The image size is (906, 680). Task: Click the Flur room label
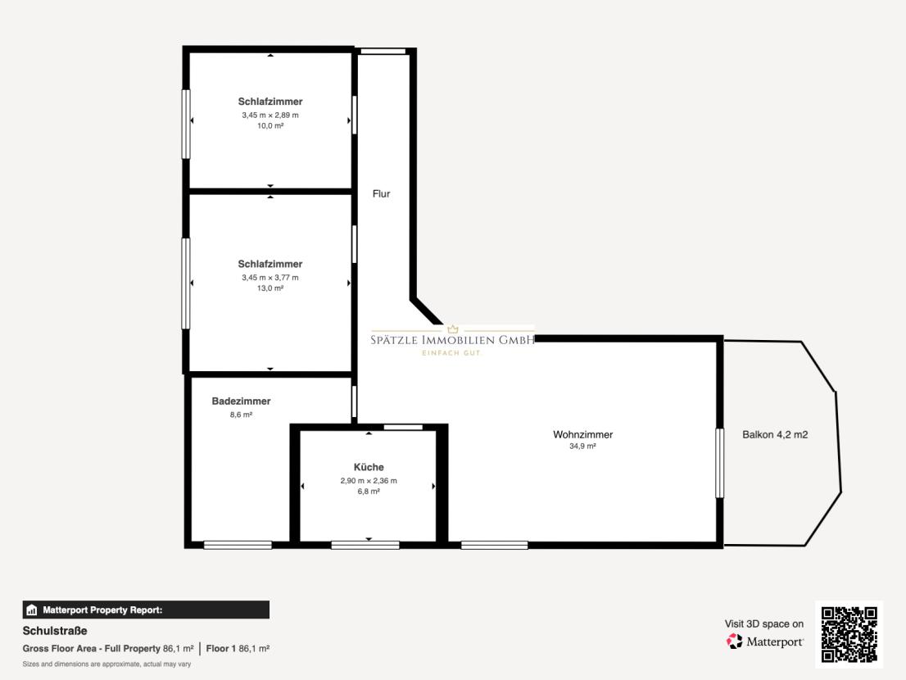(382, 194)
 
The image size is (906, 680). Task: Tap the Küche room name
(369, 467)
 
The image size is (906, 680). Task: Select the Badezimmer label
(241, 401)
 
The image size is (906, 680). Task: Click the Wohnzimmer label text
(582, 434)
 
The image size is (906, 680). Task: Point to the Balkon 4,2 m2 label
(775, 434)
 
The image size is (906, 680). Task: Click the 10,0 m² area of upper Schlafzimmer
(270, 126)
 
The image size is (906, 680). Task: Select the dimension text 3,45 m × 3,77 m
(270, 277)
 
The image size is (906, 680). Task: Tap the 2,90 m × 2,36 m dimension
(369, 481)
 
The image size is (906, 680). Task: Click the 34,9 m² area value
(582, 447)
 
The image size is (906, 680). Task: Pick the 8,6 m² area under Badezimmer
(241, 415)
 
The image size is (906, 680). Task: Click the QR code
(849, 634)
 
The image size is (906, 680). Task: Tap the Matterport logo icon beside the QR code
(735, 641)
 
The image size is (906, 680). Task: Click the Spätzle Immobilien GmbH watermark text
(452, 340)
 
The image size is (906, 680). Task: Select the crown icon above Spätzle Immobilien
(452, 329)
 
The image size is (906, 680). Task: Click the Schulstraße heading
(55, 631)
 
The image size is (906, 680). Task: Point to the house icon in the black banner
(32, 610)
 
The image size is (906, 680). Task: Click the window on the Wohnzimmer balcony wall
(719, 463)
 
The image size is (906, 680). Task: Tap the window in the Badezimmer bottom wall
(238, 545)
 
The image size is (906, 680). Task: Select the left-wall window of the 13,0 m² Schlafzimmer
(186, 283)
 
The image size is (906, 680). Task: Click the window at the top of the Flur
(383, 52)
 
